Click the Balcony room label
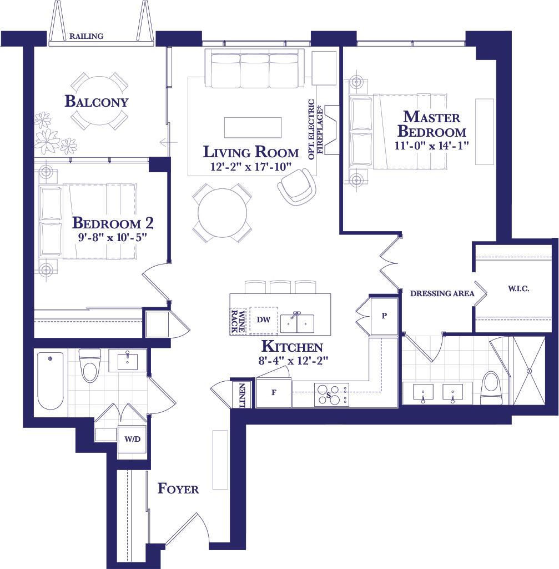click(x=97, y=101)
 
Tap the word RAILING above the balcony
click(x=86, y=36)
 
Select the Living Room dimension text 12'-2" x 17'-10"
click(x=251, y=167)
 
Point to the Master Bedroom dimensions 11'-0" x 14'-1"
click(x=431, y=146)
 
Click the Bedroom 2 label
click(x=113, y=223)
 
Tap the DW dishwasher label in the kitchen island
click(x=264, y=320)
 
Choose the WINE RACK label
click(x=238, y=322)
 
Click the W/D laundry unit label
click(x=132, y=439)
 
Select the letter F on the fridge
click(x=274, y=392)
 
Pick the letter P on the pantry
click(x=384, y=316)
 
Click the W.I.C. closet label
click(x=518, y=289)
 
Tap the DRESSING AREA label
click(x=442, y=293)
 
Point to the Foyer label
click(x=178, y=488)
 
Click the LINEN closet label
click(x=242, y=395)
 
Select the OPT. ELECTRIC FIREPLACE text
click(x=315, y=129)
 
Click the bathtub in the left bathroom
click(x=51, y=381)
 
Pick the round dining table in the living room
click(x=222, y=213)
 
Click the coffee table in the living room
click(x=253, y=127)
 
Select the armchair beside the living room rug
click(x=297, y=187)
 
